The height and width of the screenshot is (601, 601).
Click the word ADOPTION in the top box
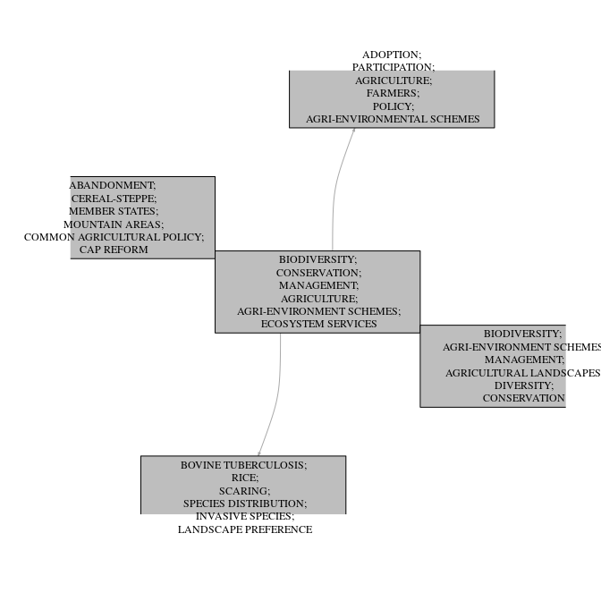tap(391, 55)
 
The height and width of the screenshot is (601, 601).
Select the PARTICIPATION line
tap(393, 67)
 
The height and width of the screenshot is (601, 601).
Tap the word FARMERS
tap(392, 93)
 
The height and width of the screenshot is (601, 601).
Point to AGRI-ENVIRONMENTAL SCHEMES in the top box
tap(393, 119)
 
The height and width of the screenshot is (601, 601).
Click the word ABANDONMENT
tap(113, 185)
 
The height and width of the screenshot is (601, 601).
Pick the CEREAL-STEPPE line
tap(114, 199)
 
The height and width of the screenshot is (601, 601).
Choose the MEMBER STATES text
tap(114, 211)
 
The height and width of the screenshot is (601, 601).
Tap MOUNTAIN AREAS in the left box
tap(114, 224)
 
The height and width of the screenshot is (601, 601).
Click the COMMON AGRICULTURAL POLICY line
tap(114, 237)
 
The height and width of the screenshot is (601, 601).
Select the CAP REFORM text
tap(114, 250)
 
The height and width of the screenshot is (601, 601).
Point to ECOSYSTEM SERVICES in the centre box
tap(318, 324)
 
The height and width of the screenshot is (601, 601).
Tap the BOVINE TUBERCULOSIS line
tap(243, 465)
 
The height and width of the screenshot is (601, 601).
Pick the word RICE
tap(244, 478)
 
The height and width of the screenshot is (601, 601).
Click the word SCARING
tap(244, 491)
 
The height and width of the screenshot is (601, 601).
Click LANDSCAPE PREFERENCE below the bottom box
tap(245, 529)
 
